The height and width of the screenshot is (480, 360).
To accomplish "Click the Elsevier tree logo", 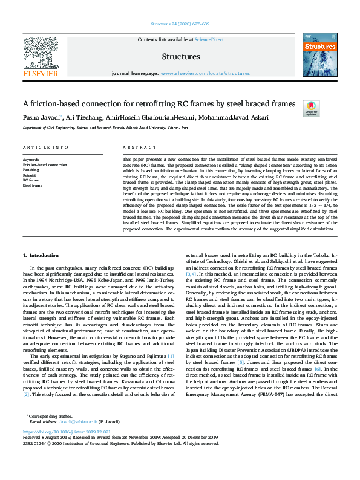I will click(x=41, y=53).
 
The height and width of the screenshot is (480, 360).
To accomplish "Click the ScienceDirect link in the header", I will click(x=209, y=39).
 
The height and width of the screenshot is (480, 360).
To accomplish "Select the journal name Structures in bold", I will click(x=181, y=57).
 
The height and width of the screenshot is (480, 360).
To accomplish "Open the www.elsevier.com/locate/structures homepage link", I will click(x=205, y=73).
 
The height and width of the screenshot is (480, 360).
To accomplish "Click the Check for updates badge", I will click(x=311, y=109).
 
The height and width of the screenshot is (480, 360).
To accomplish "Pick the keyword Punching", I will click(x=31, y=170).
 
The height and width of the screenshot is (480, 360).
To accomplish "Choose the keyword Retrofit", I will click(x=30, y=175).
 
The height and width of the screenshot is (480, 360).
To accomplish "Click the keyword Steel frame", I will click(x=33, y=185).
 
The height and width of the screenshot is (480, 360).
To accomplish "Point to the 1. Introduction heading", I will click(x=41, y=256).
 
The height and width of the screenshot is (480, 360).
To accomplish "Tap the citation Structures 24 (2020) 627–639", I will click(x=180, y=24).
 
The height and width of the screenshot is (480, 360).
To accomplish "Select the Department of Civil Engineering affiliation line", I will click(x=97, y=128).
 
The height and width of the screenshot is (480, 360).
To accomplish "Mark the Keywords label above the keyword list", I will click(x=31, y=160).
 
